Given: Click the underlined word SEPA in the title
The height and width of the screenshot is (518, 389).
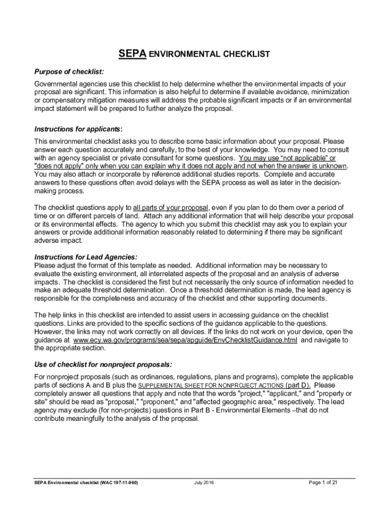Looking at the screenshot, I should pyautogui.click(x=132, y=54).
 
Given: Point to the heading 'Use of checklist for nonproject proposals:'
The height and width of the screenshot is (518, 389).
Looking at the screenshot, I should pyautogui.click(x=103, y=364).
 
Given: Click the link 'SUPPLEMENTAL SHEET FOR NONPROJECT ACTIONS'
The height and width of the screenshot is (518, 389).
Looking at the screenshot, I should pyautogui.click(x=211, y=385).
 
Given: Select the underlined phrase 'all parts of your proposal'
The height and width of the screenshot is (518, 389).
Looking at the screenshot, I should pyautogui.click(x=171, y=207).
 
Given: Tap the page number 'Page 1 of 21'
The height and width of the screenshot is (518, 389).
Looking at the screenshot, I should pyautogui.click(x=323, y=483).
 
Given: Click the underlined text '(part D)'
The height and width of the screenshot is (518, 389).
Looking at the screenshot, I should pyautogui.click(x=299, y=385).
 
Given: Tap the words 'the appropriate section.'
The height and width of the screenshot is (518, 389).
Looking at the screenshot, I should pyautogui.click(x=70, y=348).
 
